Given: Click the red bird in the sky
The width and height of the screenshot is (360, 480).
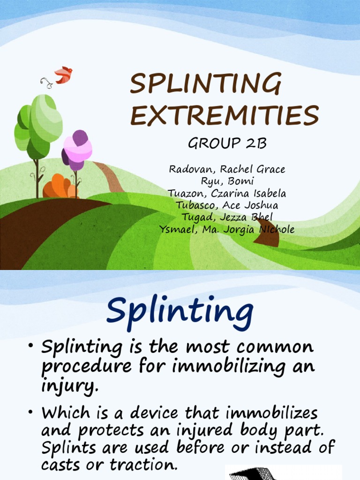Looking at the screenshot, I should pyautogui.click(x=63, y=75).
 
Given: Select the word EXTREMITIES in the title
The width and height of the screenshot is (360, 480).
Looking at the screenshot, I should pyautogui.click(x=225, y=116).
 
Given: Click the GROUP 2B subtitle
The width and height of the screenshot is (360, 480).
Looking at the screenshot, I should pyautogui.click(x=227, y=144).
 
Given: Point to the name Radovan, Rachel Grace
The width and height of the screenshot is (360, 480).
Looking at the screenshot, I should pyautogui.click(x=227, y=169).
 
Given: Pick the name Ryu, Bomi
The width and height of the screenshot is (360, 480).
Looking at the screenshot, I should pyautogui.click(x=227, y=181).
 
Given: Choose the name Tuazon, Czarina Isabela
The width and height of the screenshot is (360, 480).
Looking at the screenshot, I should pyautogui.click(x=227, y=193).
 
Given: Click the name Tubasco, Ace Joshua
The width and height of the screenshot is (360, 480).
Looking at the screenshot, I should pyautogui.click(x=227, y=205).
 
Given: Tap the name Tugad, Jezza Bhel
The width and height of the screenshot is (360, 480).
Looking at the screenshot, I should pyautogui.click(x=227, y=217).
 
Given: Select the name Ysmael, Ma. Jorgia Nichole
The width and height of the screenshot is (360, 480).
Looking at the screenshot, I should pyautogui.click(x=227, y=229).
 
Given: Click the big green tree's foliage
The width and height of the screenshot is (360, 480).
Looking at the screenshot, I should pyautogui.click(x=40, y=122).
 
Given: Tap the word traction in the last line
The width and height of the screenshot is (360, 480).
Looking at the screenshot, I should pyautogui.click(x=143, y=465).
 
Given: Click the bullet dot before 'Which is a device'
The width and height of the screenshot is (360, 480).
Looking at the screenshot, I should pyautogui.click(x=30, y=412).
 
